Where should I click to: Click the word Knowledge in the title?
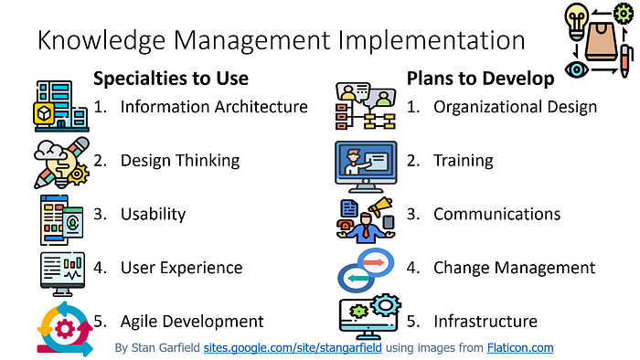tap(101, 41)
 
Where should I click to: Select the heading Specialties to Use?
tap(171, 79)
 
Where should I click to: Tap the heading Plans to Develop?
tap(480, 79)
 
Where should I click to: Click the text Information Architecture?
tap(214, 107)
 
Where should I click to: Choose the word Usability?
tap(153, 214)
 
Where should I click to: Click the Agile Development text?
tap(192, 322)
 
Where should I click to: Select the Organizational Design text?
tap(515, 107)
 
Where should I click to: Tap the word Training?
tap(464, 161)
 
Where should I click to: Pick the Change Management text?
tap(514, 268)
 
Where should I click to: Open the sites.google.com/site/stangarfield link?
tap(293, 348)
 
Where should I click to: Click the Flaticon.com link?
tap(520, 348)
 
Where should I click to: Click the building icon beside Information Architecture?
tap(61, 106)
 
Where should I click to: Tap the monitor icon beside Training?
tap(366, 166)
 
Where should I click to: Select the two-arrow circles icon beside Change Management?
tap(366, 270)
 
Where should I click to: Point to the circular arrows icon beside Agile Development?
tap(65, 329)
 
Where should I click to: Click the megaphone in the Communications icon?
tap(380, 206)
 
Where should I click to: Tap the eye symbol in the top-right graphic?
tap(576, 69)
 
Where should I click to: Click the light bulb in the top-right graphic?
tap(576, 21)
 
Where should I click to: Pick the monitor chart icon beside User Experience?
tap(62, 273)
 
